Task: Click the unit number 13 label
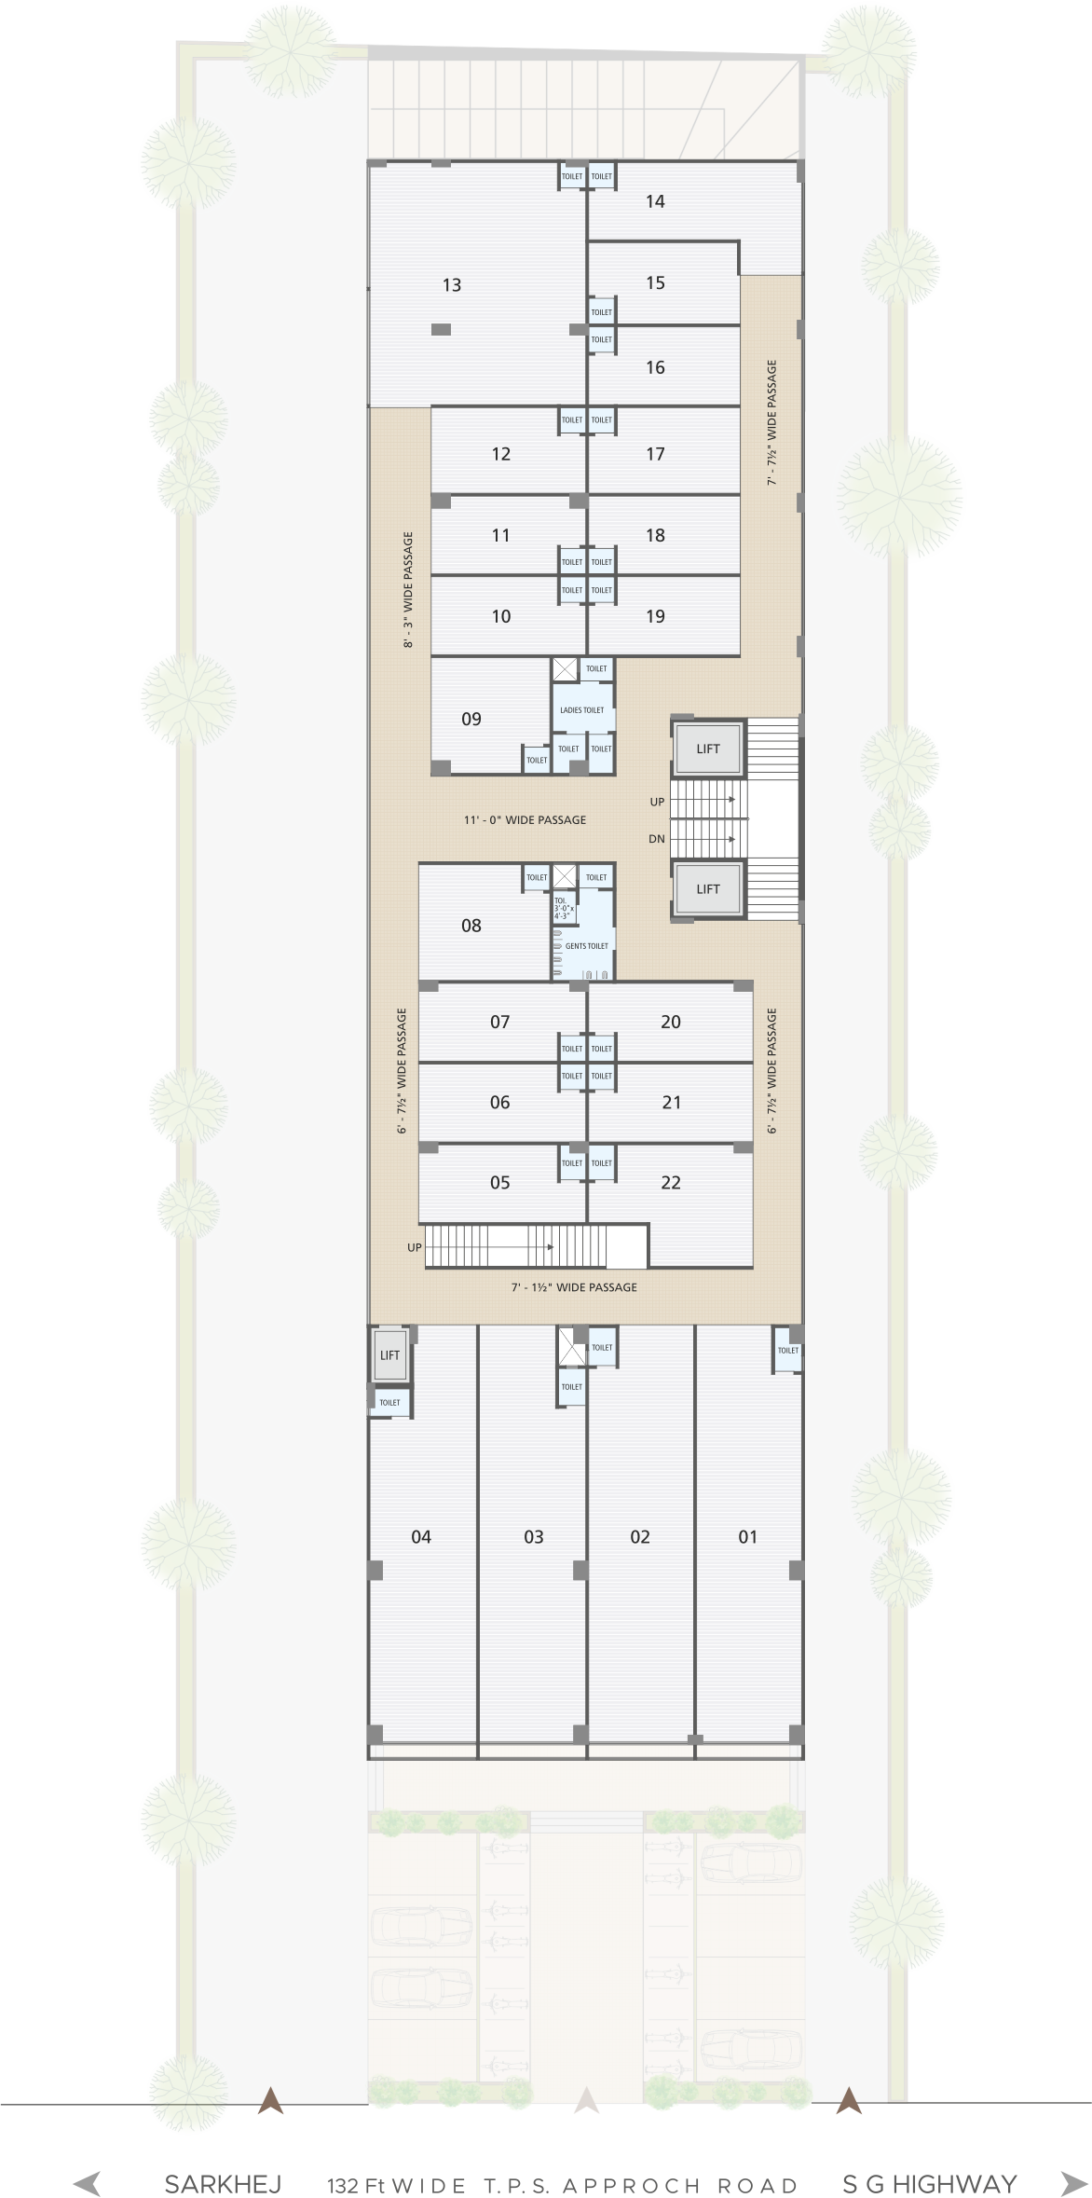(452, 285)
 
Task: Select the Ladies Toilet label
(581, 710)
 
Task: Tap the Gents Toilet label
(586, 946)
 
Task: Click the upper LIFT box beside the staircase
(708, 749)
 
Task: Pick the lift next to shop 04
(389, 1355)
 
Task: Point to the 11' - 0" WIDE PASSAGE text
(525, 820)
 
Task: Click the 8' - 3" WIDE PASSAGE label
(408, 590)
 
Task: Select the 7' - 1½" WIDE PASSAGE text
(574, 1287)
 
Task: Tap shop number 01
(748, 1537)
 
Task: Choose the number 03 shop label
(534, 1537)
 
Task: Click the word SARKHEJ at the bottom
(223, 2184)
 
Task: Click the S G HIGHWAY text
(929, 2184)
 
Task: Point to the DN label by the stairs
(657, 839)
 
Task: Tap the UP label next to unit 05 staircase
(415, 1247)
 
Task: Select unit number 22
(671, 1183)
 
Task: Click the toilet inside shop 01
(788, 1351)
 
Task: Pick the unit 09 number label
(471, 720)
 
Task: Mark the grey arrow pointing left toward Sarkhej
(87, 2183)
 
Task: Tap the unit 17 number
(656, 455)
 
